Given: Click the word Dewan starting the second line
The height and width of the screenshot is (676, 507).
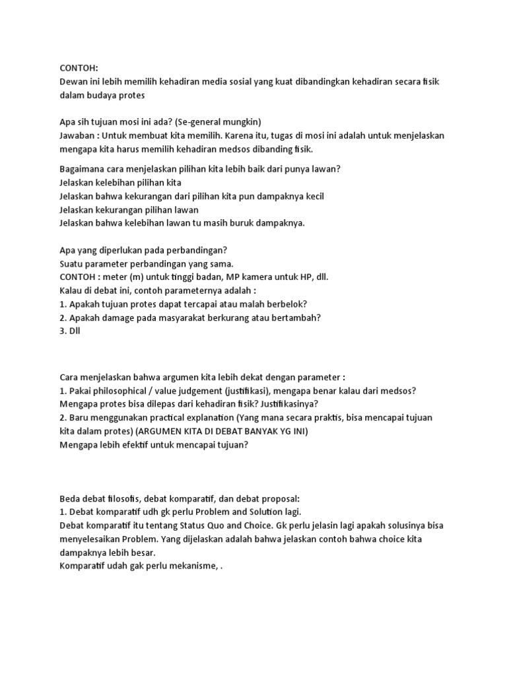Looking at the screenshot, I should coord(73,81).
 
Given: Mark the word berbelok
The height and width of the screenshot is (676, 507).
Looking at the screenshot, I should coord(288,304).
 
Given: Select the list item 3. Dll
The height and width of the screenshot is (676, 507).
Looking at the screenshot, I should coord(69,331).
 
